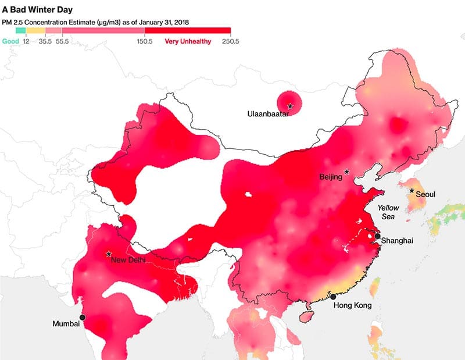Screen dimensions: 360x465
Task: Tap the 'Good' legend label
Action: point(10,41)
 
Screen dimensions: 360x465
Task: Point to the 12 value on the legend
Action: point(26,41)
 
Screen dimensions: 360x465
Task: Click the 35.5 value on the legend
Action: point(45,41)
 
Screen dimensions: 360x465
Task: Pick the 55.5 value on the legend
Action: point(62,41)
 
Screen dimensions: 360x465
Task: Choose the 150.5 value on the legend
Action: point(144,41)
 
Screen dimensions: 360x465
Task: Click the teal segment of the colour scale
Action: point(21,30)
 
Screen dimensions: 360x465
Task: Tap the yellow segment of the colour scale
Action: point(35,30)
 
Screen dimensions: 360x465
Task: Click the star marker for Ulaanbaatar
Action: point(289,106)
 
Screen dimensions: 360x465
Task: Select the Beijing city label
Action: point(331,177)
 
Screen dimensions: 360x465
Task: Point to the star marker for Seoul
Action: point(412,191)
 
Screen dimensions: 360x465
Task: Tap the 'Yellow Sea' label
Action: point(388,212)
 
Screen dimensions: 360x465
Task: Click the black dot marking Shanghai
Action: point(378,237)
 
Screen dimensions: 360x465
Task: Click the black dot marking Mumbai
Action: point(83,317)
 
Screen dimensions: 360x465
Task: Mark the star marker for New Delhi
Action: point(108,254)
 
